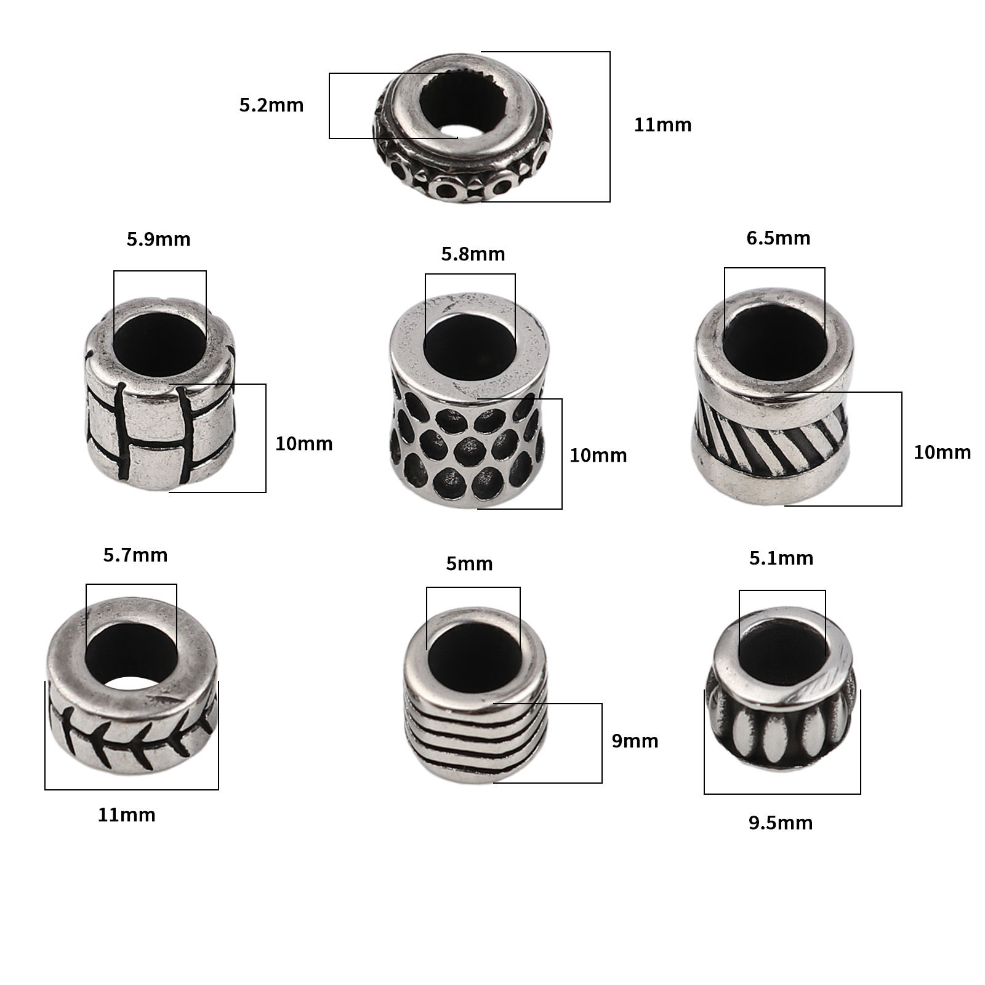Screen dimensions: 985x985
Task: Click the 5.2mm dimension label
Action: (271, 105)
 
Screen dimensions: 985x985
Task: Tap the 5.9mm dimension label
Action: (159, 239)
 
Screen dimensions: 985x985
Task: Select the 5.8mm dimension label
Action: (473, 254)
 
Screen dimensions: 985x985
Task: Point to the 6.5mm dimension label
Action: (778, 238)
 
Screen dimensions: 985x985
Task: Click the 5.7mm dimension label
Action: (135, 555)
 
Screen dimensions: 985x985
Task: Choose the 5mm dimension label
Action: (470, 563)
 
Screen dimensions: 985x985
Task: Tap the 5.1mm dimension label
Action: (781, 558)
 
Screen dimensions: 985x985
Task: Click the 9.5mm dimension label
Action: (781, 823)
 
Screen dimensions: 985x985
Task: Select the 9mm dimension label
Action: (635, 741)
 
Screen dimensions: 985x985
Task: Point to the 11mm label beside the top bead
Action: (663, 125)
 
